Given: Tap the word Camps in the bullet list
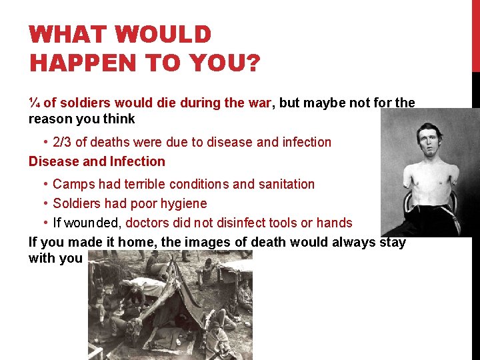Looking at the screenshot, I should click(71, 184).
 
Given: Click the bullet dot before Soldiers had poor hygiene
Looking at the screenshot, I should click(45, 203).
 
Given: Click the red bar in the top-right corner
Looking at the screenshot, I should click(475, 33).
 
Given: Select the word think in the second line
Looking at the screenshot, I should click(121, 119).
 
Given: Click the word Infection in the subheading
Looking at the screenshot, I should click(137, 161).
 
